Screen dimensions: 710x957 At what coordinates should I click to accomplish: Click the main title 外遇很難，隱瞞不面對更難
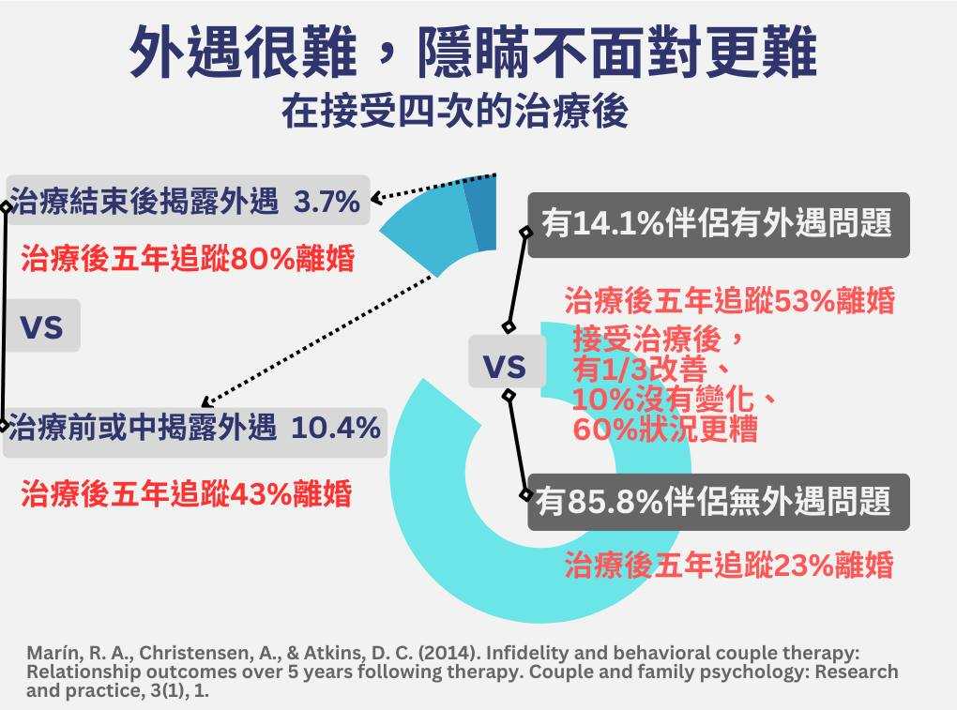[x=473, y=53]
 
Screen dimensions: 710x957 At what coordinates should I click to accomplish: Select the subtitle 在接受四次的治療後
[x=455, y=113]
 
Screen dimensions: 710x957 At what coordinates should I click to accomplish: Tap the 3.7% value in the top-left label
[x=327, y=201]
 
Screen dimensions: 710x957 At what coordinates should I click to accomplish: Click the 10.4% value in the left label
[x=336, y=429]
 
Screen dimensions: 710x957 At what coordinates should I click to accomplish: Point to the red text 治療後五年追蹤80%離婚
[x=188, y=258]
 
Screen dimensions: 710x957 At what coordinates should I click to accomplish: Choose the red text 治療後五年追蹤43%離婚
[x=186, y=493]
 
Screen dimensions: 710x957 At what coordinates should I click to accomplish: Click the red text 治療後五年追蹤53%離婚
[x=729, y=301]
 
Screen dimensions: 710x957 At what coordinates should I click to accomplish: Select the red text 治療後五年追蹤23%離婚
[x=728, y=565]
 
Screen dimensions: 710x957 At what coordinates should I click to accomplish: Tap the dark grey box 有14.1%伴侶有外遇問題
[x=718, y=225]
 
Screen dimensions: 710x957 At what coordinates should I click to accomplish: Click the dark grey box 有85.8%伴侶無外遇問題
[x=718, y=502]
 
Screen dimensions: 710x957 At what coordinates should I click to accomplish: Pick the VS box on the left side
[x=41, y=326]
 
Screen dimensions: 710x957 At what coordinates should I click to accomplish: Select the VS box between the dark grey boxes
[x=504, y=367]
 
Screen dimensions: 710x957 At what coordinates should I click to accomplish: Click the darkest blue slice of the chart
[x=480, y=212]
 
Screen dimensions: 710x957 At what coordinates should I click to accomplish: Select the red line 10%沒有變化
[x=674, y=399]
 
